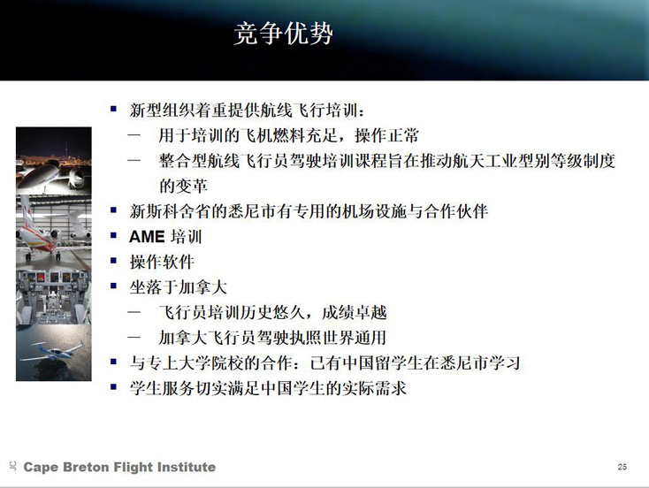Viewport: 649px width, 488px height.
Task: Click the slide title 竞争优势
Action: [x=284, y=34]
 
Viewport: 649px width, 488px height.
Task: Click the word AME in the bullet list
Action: [x=147, y=237]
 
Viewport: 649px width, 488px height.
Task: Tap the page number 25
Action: [x=622, y=467]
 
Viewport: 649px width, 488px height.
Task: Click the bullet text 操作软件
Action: [x=162, y=262]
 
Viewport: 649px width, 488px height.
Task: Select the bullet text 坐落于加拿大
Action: [x=179, y=287]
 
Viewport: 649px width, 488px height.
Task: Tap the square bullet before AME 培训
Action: [x=114, y=235]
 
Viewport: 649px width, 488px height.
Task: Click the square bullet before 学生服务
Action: [x=114, y=387]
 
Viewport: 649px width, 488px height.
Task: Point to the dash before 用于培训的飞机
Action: [x=134, y=135]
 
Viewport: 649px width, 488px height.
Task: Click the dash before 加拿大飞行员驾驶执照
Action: [x=134, y=337]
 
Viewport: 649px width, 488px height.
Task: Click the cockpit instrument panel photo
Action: [x=54, y=297]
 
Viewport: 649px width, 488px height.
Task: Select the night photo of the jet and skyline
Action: [x=54, y=161]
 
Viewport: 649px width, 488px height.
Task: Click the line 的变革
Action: [x=183, y=186]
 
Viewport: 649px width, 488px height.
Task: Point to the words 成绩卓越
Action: [x=355, y=312]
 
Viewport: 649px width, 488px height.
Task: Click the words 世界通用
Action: [x=355, y=338]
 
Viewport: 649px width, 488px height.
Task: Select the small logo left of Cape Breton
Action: [x=13, y=466]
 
